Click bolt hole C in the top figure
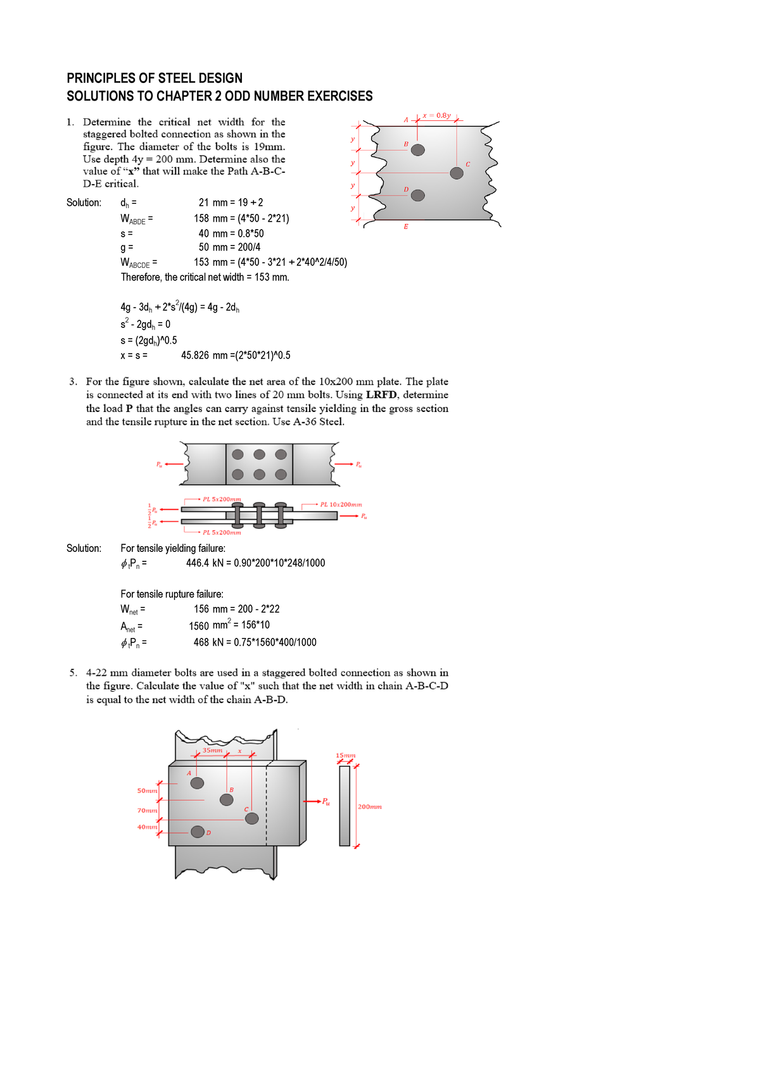point(457,173)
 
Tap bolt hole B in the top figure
point(418,150)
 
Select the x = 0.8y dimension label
point(436,115)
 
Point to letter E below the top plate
point(406,227)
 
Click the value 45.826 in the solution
point(195,356)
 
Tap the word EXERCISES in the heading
point(339,96)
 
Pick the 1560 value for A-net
point(199,626)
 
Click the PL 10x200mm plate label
point(341,504)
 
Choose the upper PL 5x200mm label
point(222,499)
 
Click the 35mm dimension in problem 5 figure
point(212,751)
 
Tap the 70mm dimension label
point(147,811)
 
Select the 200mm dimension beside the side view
point(370,807)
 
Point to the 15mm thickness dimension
point(346,756)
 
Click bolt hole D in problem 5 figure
point(198,832)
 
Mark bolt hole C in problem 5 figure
point(252,818)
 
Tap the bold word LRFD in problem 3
point(381,395)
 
